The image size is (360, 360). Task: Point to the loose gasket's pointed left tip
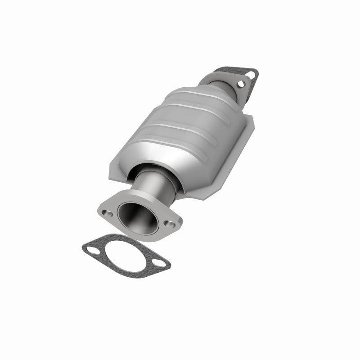(82, 246)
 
